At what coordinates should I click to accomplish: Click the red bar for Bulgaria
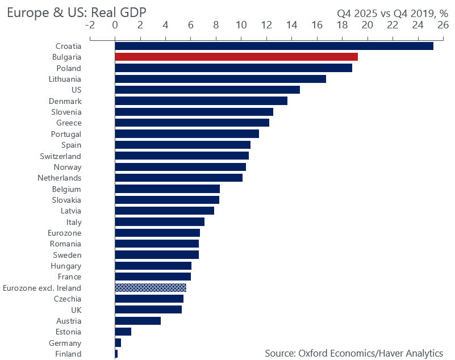pos(236,57)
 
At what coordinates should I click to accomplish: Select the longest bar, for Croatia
pos(274,46)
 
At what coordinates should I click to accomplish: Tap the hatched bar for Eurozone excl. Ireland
pos(151,287)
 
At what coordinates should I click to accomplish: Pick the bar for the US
pos(207,90)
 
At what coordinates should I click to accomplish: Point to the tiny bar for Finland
pos(116,354)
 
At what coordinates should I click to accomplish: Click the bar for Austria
pos(137,321)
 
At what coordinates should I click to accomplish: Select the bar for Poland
pos(233,68)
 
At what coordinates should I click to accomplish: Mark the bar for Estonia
pos(123,332)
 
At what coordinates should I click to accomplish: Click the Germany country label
pos(66,343)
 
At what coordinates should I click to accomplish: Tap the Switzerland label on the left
pos(60,156)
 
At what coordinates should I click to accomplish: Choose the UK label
pos(76,310)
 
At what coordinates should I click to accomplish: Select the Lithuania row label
pos(65,79)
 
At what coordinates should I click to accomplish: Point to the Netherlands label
pos(60,178)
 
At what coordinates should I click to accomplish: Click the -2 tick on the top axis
pos(89,24)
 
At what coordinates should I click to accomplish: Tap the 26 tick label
pos(443,24)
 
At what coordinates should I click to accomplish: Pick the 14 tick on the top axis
pos(291,24)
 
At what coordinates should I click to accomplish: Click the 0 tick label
pos(115,24)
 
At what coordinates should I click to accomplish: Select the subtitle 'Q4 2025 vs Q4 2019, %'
pos(393,12)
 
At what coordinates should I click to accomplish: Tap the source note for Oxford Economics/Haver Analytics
pos(354,353)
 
